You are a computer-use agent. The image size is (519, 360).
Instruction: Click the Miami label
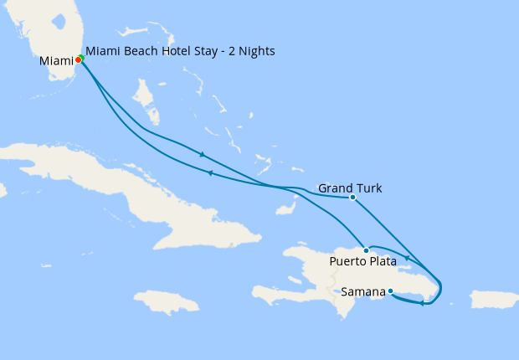56,60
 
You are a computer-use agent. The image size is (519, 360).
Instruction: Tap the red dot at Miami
78,59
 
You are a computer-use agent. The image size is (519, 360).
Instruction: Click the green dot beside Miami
81,58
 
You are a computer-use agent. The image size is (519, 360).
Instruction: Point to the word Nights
256,51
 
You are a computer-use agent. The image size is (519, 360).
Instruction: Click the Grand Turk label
350,188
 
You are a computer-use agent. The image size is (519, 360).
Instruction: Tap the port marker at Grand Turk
352,198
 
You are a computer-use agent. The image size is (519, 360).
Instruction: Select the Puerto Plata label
362,261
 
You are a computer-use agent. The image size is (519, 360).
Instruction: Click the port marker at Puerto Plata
366,250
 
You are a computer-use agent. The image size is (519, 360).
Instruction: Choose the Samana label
363,291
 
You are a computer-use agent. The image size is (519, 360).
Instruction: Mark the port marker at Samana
390,291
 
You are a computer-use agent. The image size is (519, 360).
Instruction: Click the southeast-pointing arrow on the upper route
202,154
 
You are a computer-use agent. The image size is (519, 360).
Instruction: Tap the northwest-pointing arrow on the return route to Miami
209,173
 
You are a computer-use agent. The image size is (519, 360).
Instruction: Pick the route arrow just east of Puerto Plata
407,257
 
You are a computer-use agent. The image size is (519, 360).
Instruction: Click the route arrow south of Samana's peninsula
422,303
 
